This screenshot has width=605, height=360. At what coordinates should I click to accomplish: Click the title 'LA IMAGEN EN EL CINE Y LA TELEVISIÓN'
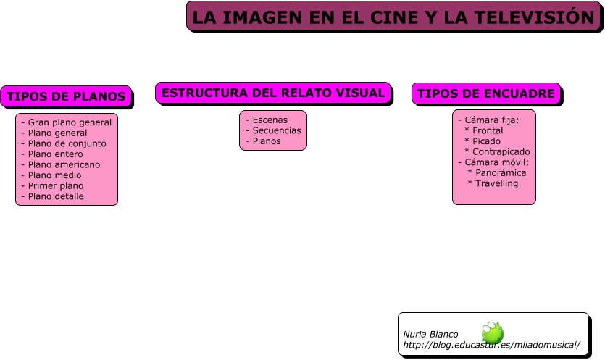(393, 17)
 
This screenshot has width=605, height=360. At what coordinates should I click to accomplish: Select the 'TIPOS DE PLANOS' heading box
(66, 96)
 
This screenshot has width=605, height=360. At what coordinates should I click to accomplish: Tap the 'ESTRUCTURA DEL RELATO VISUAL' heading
(273, 93)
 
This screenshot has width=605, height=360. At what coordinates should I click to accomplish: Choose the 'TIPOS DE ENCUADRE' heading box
(486, 93)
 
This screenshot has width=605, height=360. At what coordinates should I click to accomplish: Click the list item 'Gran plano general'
(70, 122)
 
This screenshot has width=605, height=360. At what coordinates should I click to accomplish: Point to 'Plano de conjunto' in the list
(67, 143)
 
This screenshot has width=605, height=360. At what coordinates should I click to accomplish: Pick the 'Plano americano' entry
(64, 164)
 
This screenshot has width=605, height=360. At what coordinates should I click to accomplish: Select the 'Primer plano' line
(56, 185)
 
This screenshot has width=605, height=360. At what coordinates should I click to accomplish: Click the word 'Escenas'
(270, 120)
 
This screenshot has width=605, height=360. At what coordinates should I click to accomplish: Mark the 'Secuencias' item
(276, 130)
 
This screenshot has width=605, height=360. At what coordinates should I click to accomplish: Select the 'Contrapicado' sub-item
(501, 151)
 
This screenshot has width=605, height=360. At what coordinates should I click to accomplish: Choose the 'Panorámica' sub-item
(500, 173)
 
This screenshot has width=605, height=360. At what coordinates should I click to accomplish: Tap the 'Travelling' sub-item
(496, 183)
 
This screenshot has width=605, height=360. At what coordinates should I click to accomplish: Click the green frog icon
(493, 332)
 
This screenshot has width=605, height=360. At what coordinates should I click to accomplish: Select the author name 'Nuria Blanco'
(430, 334)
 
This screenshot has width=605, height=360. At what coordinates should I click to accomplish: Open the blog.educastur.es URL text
(491, 345)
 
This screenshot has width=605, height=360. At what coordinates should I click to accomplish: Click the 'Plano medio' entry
(54, 175)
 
